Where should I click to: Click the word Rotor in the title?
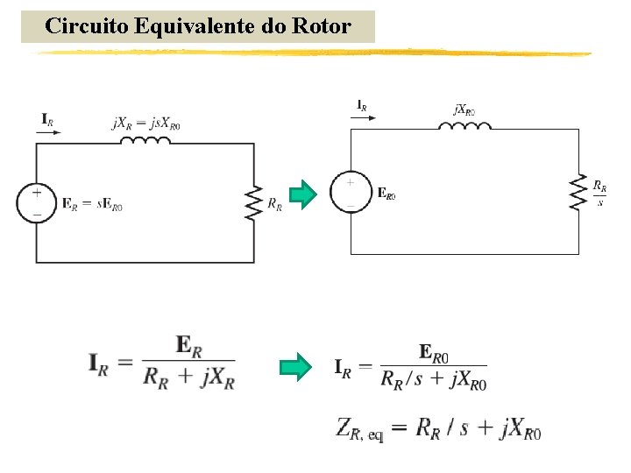click(x=326, y=26)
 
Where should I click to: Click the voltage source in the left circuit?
click(x=36, y=203)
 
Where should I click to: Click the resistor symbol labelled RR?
click(x=254, y=203)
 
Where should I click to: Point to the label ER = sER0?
click(x=92, y=205)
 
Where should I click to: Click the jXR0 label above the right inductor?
click(x=465, y=111)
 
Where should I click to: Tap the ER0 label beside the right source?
click(x=386, y=194)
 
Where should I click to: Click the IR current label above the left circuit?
click(x=47, y=118)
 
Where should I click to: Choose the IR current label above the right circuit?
click(x=361, y=106)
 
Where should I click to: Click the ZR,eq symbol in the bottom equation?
click(x=359, y=429)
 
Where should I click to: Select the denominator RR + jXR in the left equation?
click(x=188, y=379)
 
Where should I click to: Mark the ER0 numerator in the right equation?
click(x=435, y=353)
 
